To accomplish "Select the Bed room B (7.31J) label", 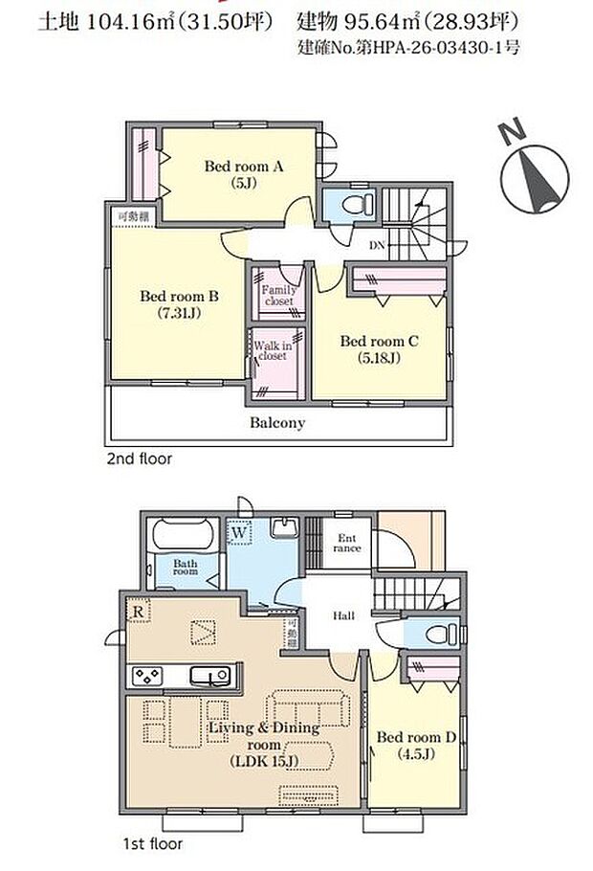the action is (179, 304).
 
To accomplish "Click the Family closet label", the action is (278, 295).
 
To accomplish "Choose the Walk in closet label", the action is (273, 350).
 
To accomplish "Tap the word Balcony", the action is (277, 423).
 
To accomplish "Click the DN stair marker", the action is (377, 245).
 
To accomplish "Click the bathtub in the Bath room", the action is (185, 534).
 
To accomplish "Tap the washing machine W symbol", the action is (239, 533).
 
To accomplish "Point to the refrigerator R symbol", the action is (139, 611).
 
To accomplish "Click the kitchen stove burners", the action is (147, 676).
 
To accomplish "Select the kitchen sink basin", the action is (209, 676).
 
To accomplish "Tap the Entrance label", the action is (347, 543).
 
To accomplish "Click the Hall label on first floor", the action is (343, 615).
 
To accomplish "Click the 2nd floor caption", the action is (140, 458).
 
